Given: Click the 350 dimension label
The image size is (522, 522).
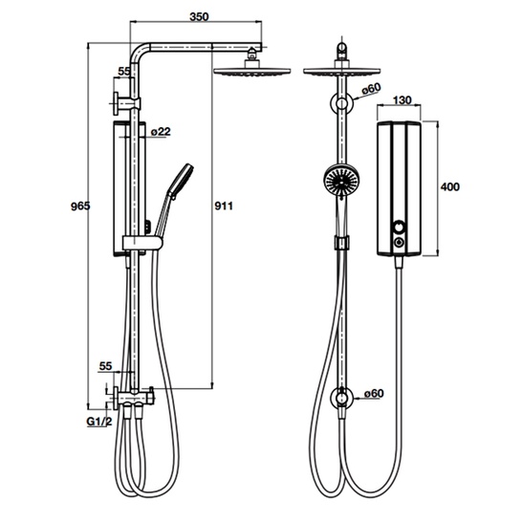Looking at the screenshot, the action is tap(199, 17).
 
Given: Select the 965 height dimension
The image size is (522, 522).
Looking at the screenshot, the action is tap(80, 207).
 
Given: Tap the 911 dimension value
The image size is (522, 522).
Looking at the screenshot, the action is tap(224, 207).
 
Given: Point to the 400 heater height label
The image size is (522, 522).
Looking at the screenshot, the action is tap(449, 186).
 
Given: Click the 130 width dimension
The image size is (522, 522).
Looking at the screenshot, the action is tap(402, 99).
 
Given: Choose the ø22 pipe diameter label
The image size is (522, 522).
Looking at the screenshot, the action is tap(161, 132).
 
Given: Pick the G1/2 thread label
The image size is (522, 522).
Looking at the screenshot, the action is tap(99, 422).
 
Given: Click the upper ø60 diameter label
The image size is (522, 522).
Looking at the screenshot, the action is tap(371, 89).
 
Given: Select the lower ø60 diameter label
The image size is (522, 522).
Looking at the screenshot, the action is tap(374, 394).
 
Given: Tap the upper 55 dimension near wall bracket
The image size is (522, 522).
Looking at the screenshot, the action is tap(124, 72).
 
